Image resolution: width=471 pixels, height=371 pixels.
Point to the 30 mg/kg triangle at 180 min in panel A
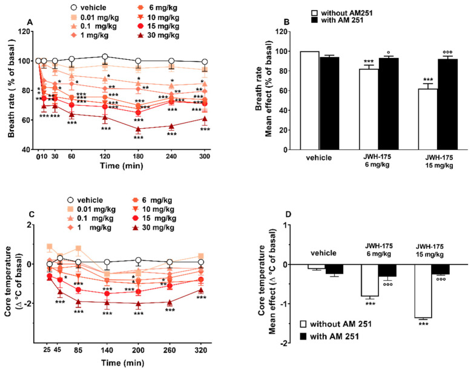pos(138,129)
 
